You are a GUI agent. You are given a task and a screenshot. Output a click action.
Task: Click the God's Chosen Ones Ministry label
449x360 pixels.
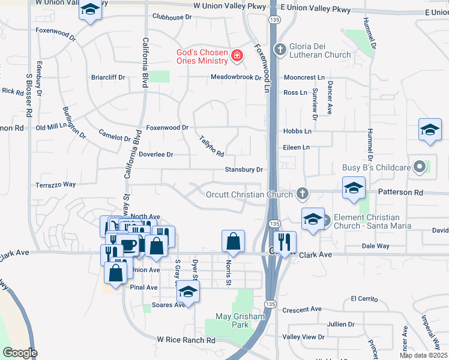pos(202,56)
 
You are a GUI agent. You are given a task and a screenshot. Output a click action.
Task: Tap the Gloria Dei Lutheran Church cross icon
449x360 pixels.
pos(279,49)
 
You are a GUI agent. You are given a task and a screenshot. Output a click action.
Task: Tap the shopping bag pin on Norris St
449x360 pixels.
pos(233,242)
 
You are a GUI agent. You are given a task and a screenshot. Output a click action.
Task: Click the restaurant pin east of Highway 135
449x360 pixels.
pos(285,242)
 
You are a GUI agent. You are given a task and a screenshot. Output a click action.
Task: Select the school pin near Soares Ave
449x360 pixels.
pos(188,292)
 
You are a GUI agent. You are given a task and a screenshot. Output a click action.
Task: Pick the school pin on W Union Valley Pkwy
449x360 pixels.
pos(91,10)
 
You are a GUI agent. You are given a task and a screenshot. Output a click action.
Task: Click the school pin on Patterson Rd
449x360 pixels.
pos(354,188)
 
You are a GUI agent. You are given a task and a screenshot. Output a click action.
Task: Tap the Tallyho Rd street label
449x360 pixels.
pos(212,146)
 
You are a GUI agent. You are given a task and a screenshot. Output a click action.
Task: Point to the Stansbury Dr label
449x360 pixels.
pos(244,170)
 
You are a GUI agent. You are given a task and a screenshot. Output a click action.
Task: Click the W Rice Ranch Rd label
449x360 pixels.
pos(186,340)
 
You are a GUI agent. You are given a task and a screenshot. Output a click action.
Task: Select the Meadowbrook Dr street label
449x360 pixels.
pos(236,77)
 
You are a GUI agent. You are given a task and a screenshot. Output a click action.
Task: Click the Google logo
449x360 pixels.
pos(19,353)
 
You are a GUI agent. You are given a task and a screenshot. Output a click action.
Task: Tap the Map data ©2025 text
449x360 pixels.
pos(423,355)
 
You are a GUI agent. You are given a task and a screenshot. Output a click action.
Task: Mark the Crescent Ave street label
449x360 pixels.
pos(304,310)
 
